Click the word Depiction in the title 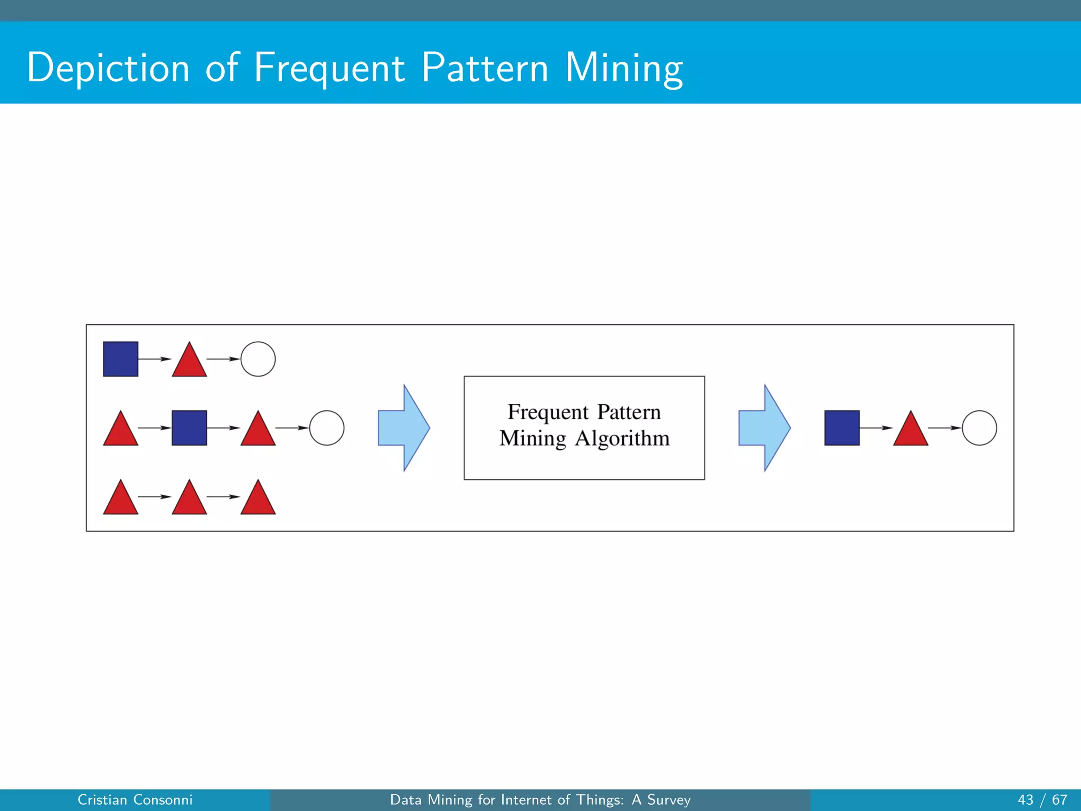tap(108, 68)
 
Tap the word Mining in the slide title tap(624, 68)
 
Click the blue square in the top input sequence tap(120, 359)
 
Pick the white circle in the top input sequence tap(258, 359)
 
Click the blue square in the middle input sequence tap(189, 428)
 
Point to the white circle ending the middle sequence tap(327, 428)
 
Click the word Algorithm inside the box tap(622, 439)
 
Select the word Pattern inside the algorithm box tap(629, 412)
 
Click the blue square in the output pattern tap(842, 428)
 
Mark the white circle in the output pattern tap(980, 428)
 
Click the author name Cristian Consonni tap(135, 800)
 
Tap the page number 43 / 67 tap(1042, 800)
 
